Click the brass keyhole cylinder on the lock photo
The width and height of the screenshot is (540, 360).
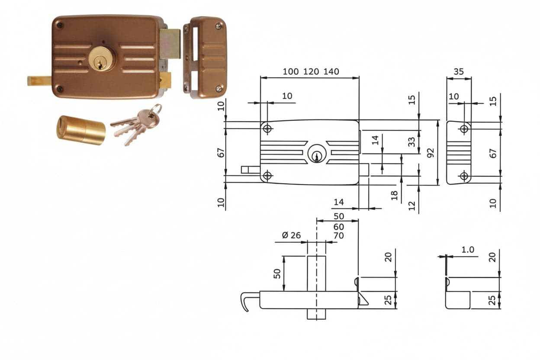pyautogui.click(x=102, y=58)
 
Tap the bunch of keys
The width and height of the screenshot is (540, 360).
pyautogui.click(x=136, y=125)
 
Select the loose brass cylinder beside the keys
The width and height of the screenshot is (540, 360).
pyautogui.click(x=81, y=130)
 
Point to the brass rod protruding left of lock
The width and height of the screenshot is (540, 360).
pyautogui.click(x=39, y=81)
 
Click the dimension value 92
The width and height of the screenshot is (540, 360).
pyautogui.click(x=430, y=153)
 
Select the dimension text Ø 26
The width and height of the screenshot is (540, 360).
pyautogui.click(x=291, y=235)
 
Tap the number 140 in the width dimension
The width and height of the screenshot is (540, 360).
pyautogui.click(x=331, y=71)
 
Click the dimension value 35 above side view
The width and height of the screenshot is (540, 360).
pyautogui.click(x=459, y=72)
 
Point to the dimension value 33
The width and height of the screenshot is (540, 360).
pyautogui.click(x=412, y=142)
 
